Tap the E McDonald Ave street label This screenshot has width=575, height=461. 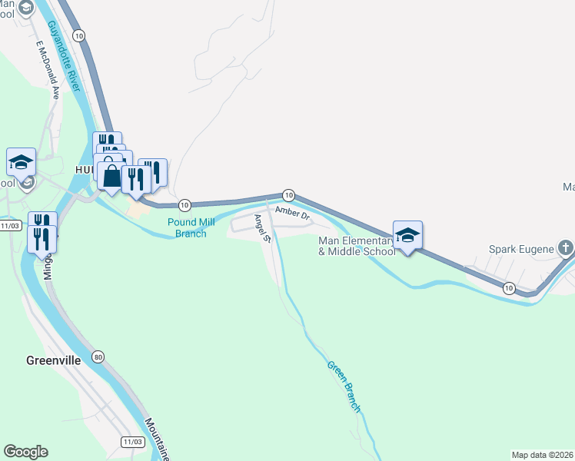pyautogui.click(x=47, y=80)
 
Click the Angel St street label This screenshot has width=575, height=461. pyautogui.click(x=264, y=228)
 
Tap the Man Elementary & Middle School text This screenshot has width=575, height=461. pyautogui.click(x=357, y=247)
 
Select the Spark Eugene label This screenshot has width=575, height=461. pyautogui.click(x=522, y=249)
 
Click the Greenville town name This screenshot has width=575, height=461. pyautogui.click(x=53, y=360)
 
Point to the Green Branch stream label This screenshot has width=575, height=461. pyautogui.click(x=343, y=387)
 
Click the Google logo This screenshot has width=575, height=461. pyautogui.click(x=25, y=452)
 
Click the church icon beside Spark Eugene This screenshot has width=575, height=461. pyautogui.click(x=565, y=248)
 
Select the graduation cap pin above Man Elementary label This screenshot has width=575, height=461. pyautogui.click(x=408, y=234)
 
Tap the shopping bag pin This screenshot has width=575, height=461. pyautogui.click(x=112, y=176)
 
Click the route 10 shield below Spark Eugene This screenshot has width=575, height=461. pyautogui.click(x=508, y=287)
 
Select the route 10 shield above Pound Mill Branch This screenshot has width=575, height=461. pyautogui.click(x=184, y=205)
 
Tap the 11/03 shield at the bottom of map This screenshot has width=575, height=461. pyautogui.click(x=132, y=442)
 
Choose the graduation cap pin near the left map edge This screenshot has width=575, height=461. pyautogui.click(x=21, y=162)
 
